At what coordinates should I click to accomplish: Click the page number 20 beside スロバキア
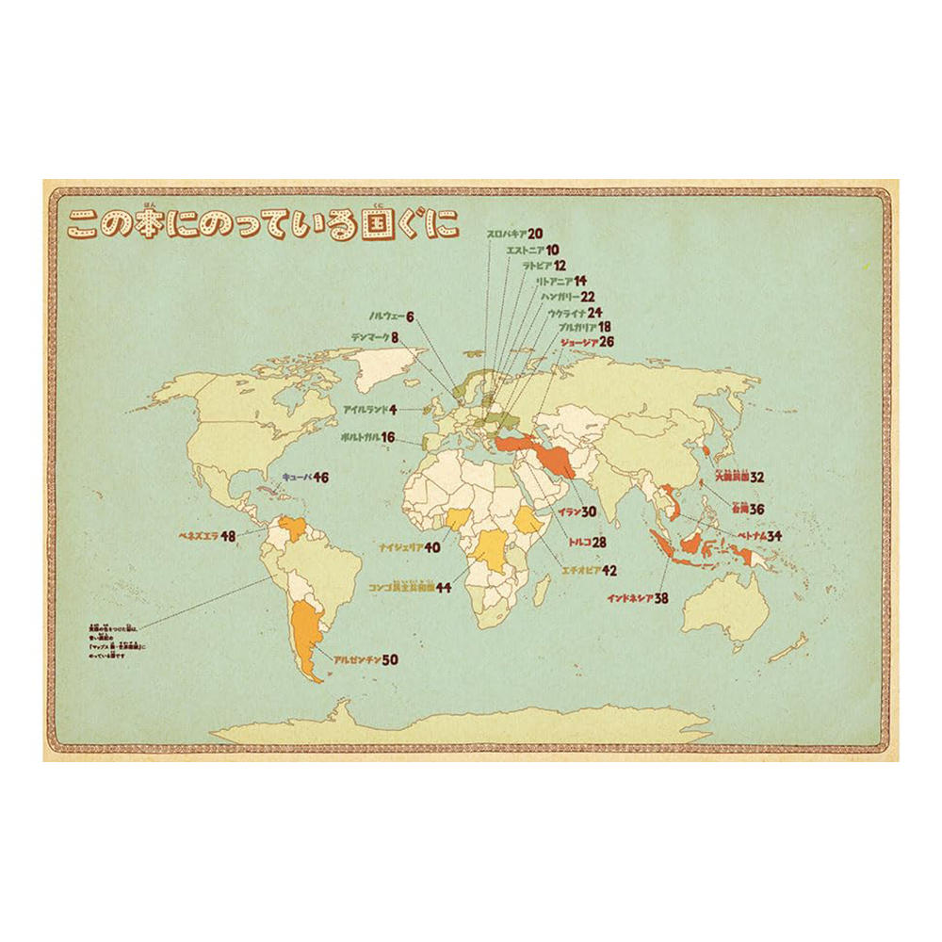[x=535, y=234]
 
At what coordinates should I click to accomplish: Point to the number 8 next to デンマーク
[x=395, y=335]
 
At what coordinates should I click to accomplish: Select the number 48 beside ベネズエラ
[x=228, y=536]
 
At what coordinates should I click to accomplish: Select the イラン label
[x=567, y=512]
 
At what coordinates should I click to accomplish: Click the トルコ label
[x=578, y=543]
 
